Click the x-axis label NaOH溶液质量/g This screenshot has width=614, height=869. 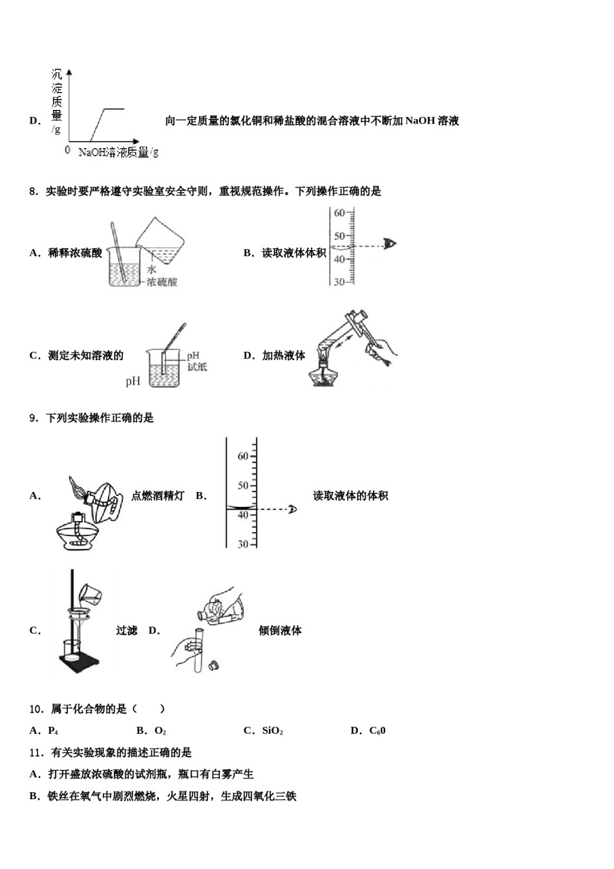click(118, 153)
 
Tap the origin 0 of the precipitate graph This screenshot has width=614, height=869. click(67, 150)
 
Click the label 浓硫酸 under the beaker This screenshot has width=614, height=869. click(162, 282)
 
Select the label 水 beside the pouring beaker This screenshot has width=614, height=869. click(151, 270)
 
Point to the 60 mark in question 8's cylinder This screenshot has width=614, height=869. click(339, 213)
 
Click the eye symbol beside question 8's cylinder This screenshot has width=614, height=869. click(390, 244)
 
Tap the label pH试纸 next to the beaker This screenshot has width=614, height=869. click(196, 361)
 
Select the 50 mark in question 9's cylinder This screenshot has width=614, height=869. click(242, 486)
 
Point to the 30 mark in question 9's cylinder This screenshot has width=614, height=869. click(242, 544)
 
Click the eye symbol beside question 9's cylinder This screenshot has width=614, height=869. click(292, 510)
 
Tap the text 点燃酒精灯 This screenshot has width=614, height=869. click(158, 496)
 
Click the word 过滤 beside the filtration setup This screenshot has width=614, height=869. click(127, 630)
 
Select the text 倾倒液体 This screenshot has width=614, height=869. click(280, 630)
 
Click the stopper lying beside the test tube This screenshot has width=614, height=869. click(214, 664)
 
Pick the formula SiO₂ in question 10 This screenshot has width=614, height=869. click(272, 731)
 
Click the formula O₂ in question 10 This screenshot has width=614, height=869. click(160, 731)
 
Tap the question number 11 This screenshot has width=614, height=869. click(36, 753)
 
